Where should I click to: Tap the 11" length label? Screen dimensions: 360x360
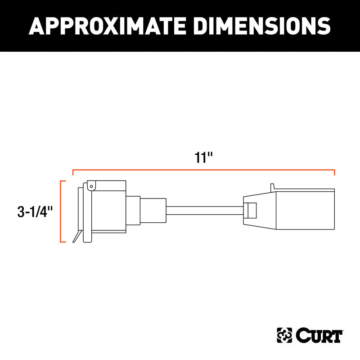coord(203,157)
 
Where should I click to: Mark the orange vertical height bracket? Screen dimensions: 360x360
coord(61,211)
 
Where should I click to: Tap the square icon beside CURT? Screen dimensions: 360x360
coord(283,335)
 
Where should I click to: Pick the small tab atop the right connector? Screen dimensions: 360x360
coord(272,186)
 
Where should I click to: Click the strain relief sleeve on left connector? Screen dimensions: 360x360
coord(153,210)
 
